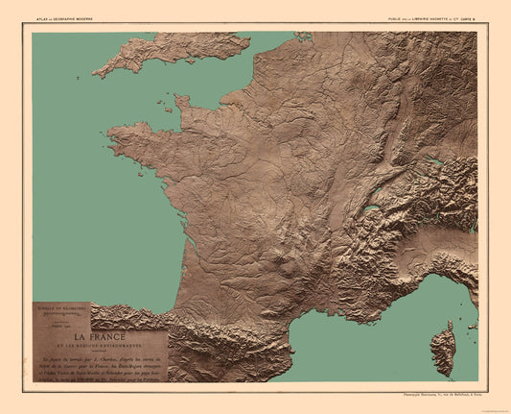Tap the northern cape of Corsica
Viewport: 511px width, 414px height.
click(448, 326)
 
